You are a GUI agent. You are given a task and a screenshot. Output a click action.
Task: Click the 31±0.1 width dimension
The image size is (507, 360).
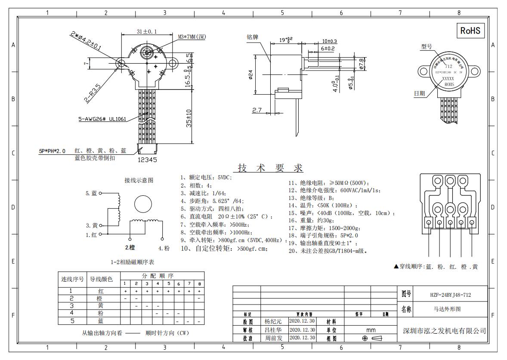coord(147,31)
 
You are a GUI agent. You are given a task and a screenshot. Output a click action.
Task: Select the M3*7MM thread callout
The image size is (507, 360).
coord(192,37)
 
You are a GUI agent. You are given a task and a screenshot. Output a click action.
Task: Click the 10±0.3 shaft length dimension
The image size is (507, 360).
coord(329,41)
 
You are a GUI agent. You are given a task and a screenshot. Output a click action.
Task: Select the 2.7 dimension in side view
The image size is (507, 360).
coord(257,111)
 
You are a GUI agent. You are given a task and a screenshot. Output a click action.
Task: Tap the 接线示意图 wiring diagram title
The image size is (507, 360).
coord(139,181)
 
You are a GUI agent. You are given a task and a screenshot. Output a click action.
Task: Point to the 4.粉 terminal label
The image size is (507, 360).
coord(164,248)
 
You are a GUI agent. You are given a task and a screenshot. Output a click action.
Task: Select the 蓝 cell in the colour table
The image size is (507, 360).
coord(101,321)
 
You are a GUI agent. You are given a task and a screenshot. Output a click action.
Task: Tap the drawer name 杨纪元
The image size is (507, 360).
coord(273,321)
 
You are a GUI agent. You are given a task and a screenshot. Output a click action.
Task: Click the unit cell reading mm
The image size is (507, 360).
coord(371,330)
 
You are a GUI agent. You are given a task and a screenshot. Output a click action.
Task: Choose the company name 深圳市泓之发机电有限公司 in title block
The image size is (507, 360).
coord(444,331)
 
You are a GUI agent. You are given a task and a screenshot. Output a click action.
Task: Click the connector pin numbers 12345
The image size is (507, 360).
coord(147,159)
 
